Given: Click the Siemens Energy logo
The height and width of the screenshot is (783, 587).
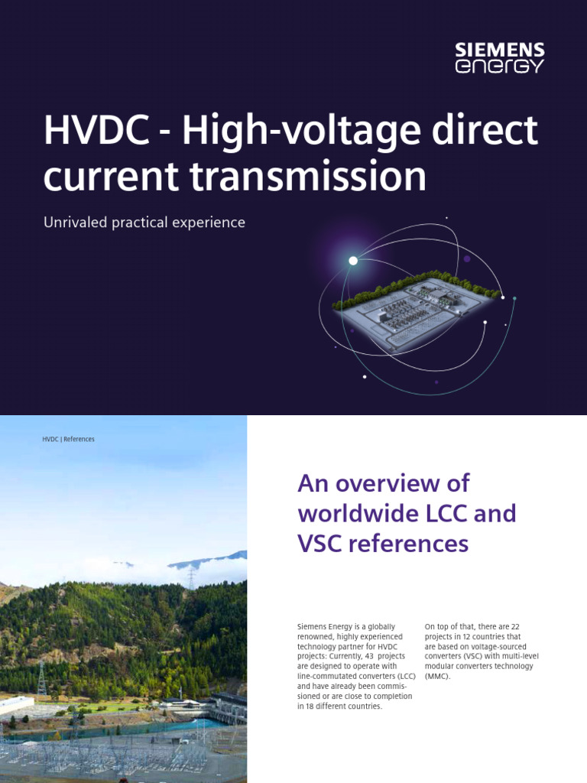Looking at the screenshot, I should click(x=500, y=58).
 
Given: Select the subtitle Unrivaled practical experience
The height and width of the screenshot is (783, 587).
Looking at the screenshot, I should click(x=144, y=223).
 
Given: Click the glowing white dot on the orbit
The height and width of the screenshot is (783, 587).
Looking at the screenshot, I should click(x=353, y=261).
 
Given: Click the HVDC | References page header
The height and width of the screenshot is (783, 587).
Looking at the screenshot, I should click(x=69, y=439).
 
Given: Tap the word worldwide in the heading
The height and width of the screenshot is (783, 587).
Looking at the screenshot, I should click(x=355, y=513).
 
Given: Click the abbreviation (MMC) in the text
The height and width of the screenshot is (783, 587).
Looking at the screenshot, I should click(x=438, y=677).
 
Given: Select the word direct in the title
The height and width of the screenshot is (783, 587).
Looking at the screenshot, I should click(x=491, y=132).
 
